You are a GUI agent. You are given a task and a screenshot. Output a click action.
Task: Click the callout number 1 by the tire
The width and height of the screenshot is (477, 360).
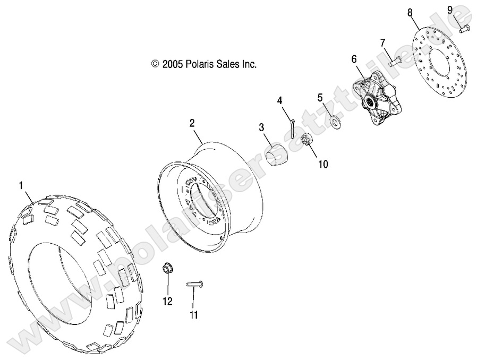(21, 185)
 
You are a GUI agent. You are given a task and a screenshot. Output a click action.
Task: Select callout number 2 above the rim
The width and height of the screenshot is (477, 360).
(177, 123)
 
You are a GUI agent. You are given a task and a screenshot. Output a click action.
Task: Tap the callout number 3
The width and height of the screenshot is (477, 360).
(261, 127)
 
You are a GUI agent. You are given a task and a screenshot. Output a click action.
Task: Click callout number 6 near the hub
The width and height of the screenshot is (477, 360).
(354, 60)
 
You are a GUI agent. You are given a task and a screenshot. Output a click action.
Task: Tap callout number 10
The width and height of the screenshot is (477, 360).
(323, 165)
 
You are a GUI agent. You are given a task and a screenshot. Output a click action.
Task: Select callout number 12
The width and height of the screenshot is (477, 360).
(168, 301)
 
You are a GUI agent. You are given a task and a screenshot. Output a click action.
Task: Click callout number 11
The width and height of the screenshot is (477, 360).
(193, 315)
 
